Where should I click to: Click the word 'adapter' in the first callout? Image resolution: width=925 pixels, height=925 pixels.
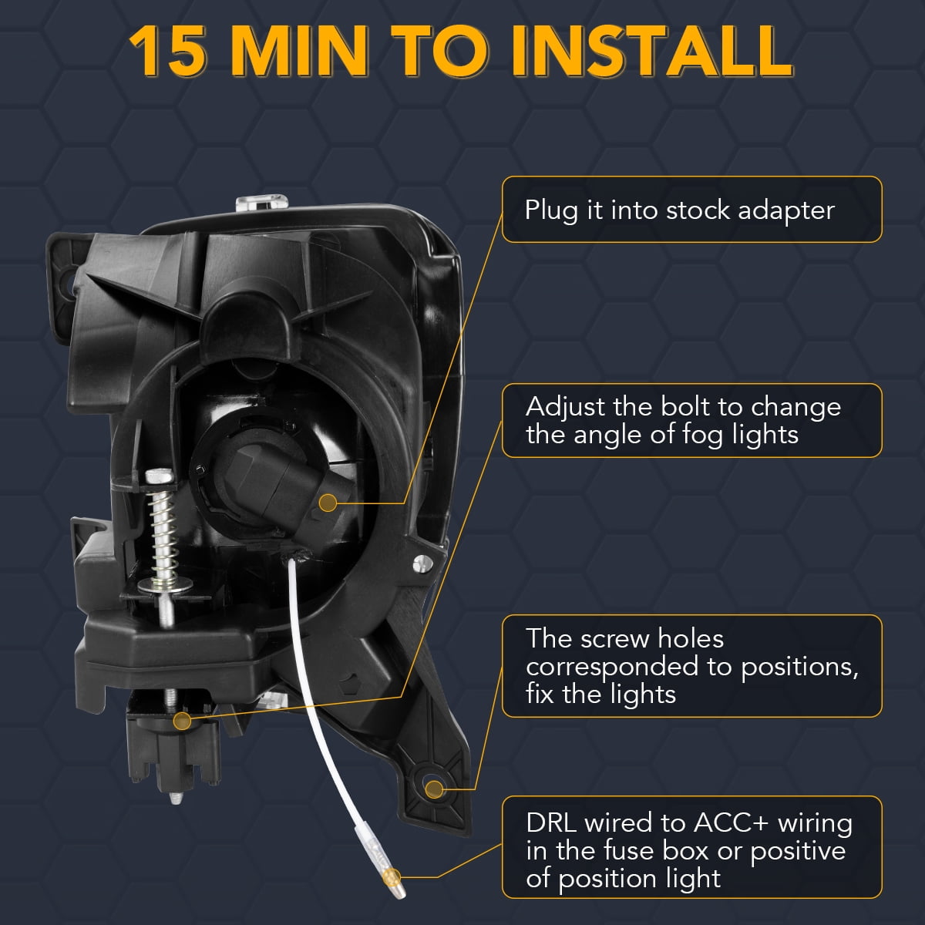pyautogui.click(x=785, y=210)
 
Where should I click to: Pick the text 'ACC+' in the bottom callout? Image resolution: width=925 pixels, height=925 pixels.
pyautogui.click(x=731, y=822)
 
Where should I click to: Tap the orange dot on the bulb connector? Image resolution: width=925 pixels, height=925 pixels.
pyautogui.click(x=328, y=503)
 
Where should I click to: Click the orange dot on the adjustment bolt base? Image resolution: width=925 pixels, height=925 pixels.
pyautogui.click(x=182, y=721)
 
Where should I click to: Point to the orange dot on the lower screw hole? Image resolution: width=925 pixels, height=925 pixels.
pyautogui.click(x=434, y=789)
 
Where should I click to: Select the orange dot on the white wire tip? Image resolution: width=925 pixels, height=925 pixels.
pyautogui.click(x=392, y=877)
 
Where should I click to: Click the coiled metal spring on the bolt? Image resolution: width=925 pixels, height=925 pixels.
pyautogui.click(x=163, y=533)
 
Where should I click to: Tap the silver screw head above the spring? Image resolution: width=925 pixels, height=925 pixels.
pyautogui.click(x=159, y=476)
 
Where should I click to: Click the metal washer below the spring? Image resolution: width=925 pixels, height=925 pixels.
pyautogui.click(x=165, y=584)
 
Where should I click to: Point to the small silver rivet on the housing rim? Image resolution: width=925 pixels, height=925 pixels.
pyautogui.click(x=422, y=563)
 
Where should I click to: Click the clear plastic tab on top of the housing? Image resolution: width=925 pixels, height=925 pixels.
pyautogui.click(x=262, y=203)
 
